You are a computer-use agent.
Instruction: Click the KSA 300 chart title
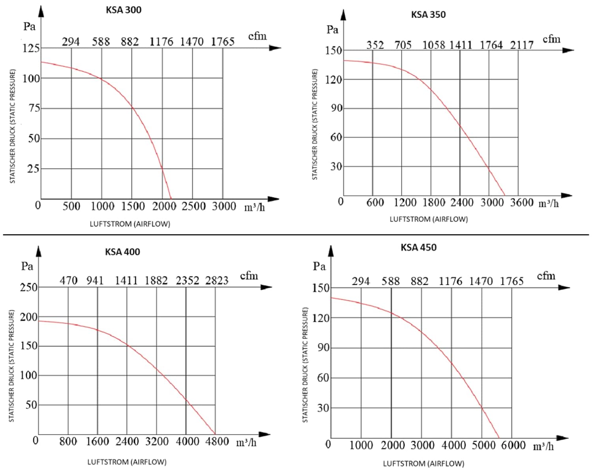pyautogui.click(x=123, y=10)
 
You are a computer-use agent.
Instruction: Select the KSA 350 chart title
pyautogui.click(x=428, y=15)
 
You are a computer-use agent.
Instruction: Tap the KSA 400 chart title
pyautogui.click(x=122, y=252)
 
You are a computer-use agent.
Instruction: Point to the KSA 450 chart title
pyautogui.click(x=418, y=247)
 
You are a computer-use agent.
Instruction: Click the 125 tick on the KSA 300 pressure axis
pyautogui.click(x=31, y=48)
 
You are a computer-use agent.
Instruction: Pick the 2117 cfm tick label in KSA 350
pyautogui.click(x=521, y=45)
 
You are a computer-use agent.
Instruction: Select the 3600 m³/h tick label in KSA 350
pyautogui.click(x=521, y=202)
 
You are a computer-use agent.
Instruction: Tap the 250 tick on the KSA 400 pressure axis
pyautogui.click(x=28, y=287)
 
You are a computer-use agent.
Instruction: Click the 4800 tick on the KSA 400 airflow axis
pyautogui.click(x=217, y=441)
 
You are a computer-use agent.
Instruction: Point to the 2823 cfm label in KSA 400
pyautogui.click(x=217, y=281)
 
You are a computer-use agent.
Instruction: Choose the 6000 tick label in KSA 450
pyautogui.click(x=513, y=445)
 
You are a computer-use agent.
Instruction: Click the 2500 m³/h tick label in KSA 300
pyautogui.click(x=193, y=206)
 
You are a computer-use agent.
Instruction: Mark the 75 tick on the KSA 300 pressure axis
pyautogui.click(x=34, y=108)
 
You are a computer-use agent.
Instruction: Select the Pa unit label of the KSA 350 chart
pyautogui.click(x=332, y=30)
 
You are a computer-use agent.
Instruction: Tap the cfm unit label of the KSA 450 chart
pyautogui.click(x=546, y=275)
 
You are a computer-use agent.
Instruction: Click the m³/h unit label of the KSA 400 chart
pyautogui.click(x=246, y=442)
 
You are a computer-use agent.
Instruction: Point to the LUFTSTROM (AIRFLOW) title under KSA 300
pyautogui.click(x=130, y=224)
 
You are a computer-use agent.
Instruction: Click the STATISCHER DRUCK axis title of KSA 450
pyautogui.click(x=305, y=365)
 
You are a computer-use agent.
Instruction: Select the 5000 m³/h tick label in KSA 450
pyautogui.click(x=483, y=445)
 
